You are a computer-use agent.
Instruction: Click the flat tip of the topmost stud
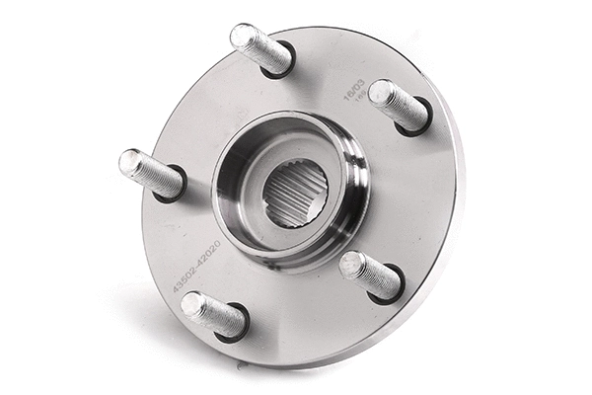240,36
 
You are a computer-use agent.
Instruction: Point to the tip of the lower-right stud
350,265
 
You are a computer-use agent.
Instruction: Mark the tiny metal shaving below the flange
240,366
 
